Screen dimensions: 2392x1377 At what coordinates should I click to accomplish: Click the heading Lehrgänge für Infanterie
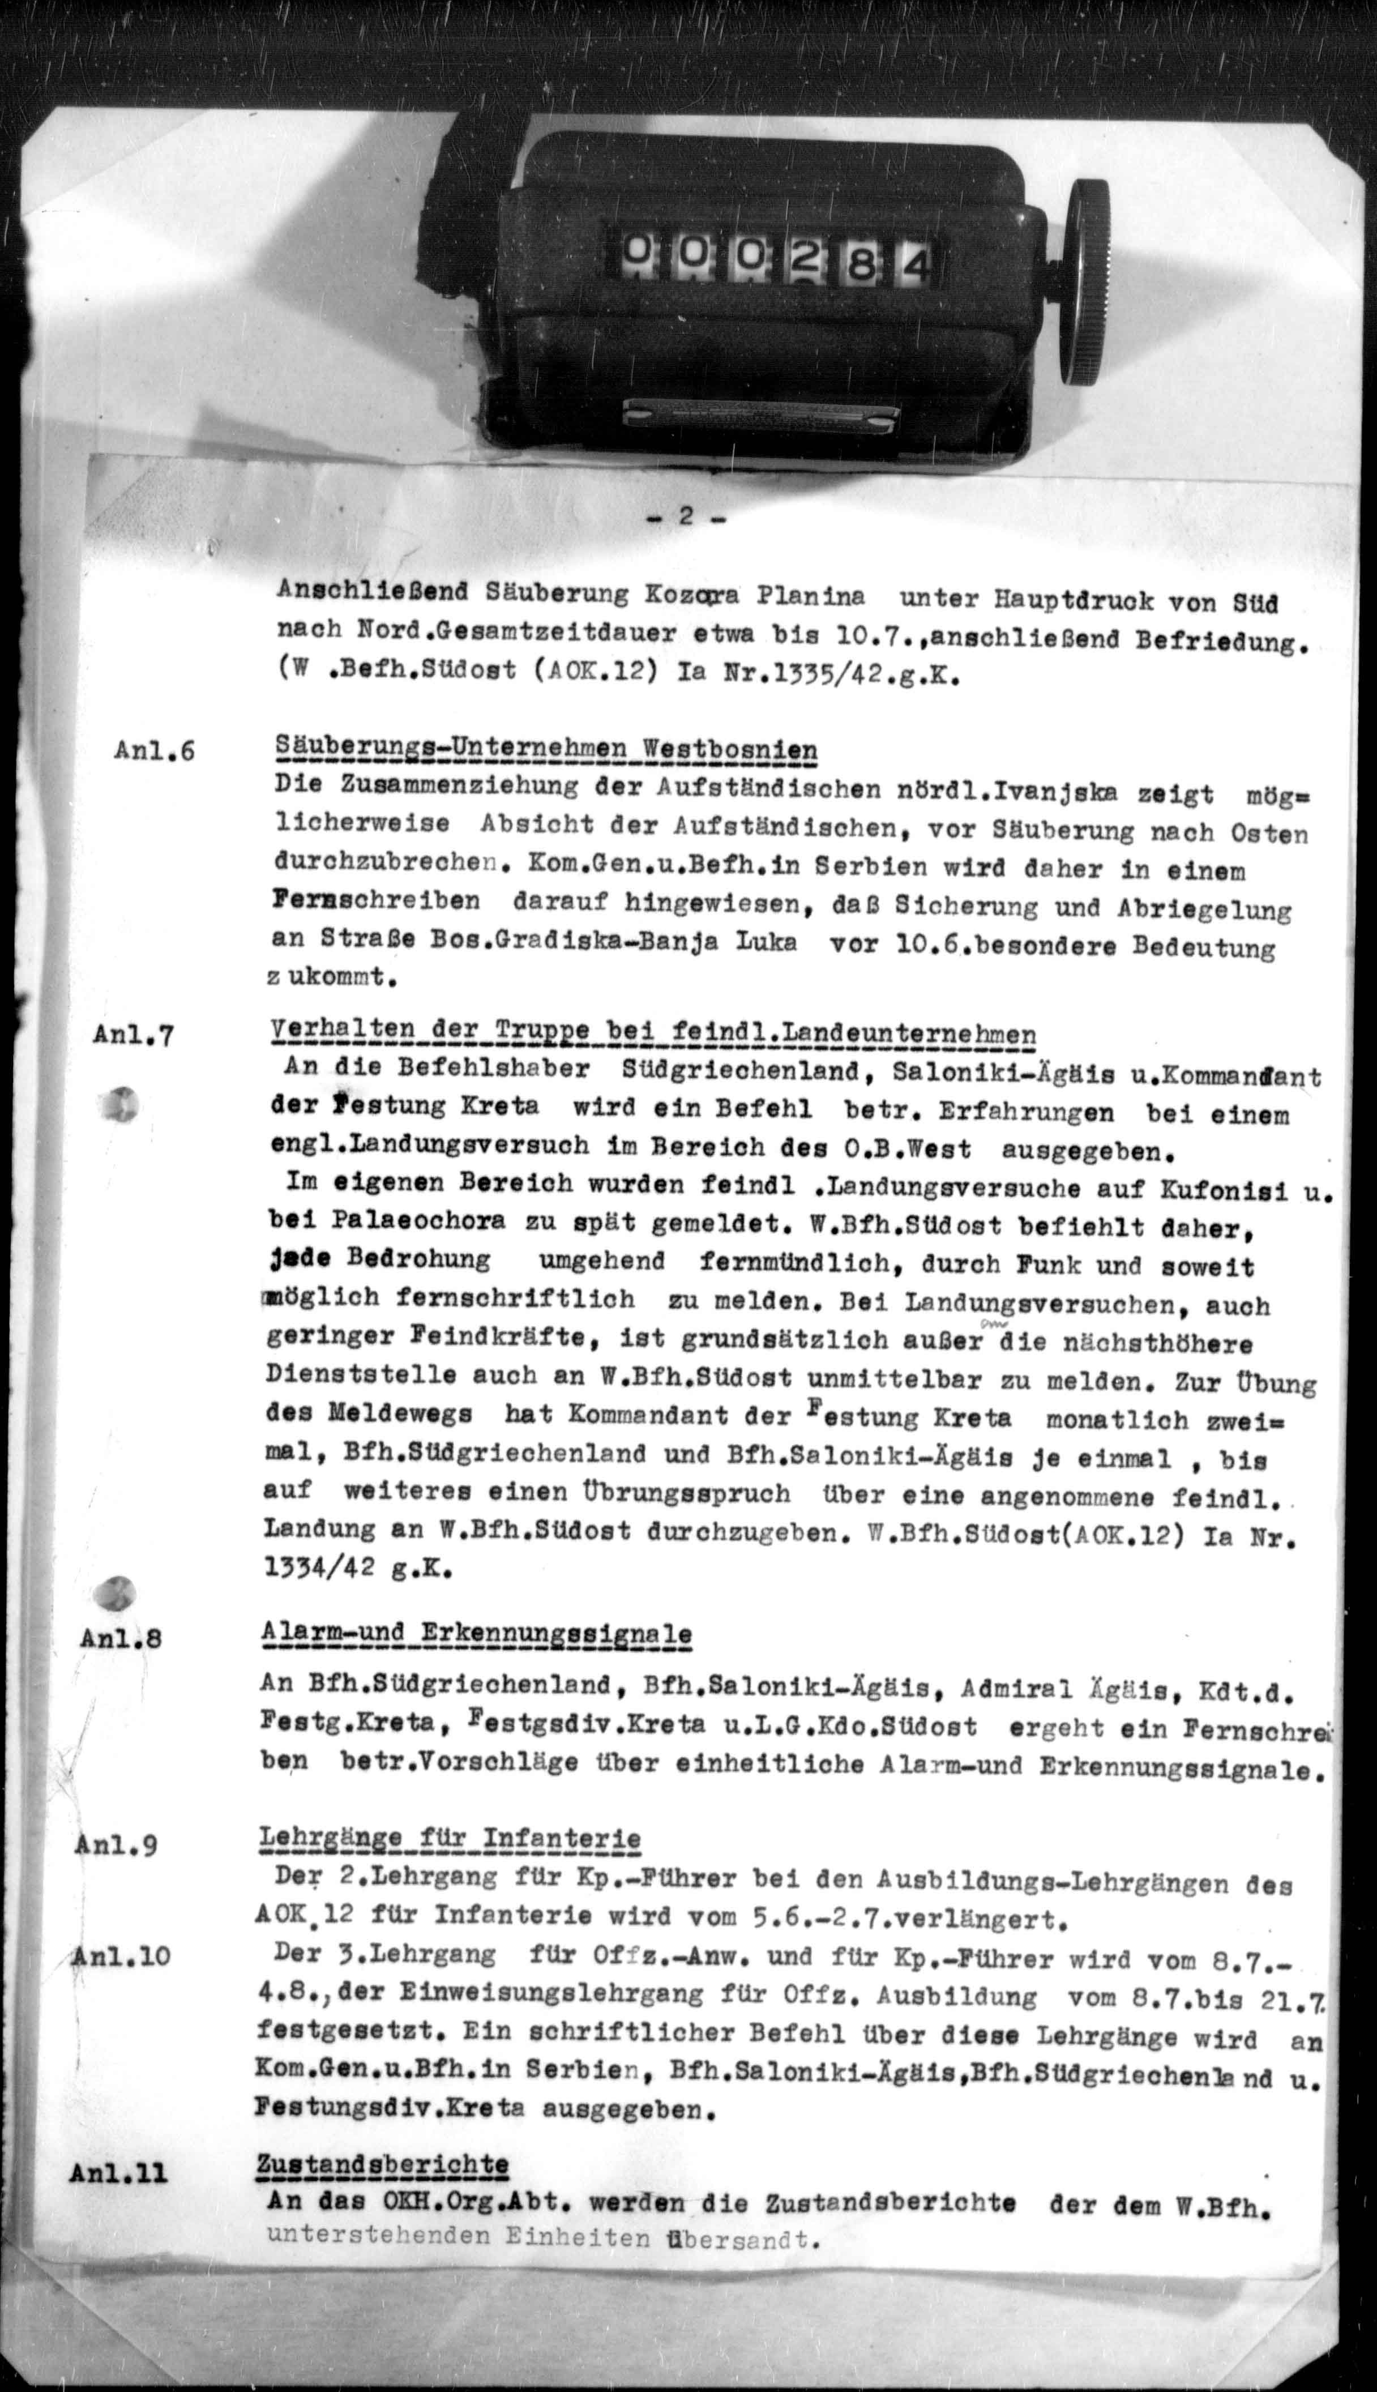(449, 1840)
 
